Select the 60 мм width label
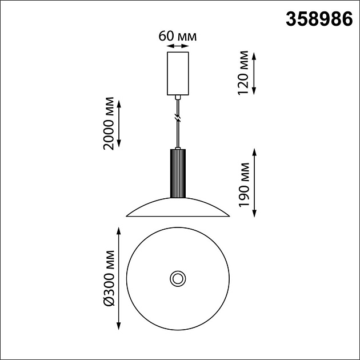[177, 36]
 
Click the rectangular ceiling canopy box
[177, 73]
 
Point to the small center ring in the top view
[177, 279]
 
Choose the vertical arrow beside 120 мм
[254, 73]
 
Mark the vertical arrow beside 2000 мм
[120, 124]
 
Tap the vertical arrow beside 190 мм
[254, 183]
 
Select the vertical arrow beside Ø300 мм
[120, 278]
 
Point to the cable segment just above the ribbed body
[178, 137]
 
